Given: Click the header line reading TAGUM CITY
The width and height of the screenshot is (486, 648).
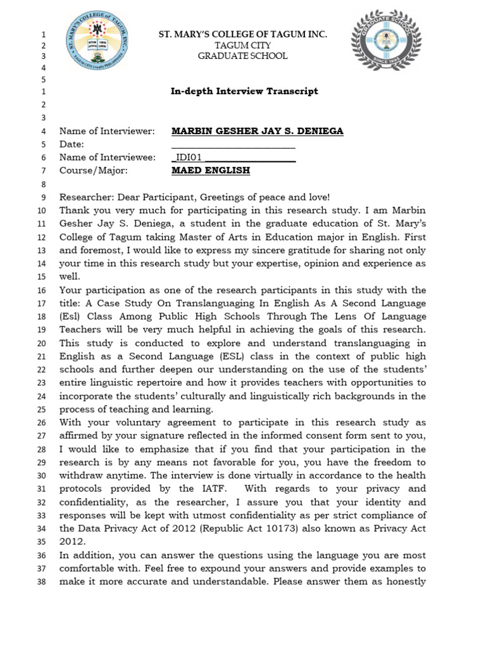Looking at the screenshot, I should (x=243, y=45).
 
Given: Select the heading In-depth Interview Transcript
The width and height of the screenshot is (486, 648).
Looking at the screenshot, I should (x=244, y=91).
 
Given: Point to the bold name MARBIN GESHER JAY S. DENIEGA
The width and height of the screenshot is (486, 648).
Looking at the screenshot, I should (x=258, y=131).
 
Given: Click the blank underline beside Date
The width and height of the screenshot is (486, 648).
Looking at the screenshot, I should (x=234, y=145).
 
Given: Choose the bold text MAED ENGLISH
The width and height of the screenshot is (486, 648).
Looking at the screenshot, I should (x=211, y=171).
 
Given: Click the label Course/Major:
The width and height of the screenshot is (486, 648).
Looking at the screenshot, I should (x=94, y=171).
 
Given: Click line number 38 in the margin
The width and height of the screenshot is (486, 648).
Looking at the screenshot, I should (x=42, y=582).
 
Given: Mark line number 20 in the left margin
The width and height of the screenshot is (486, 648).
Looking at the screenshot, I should (x=42, y=344).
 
